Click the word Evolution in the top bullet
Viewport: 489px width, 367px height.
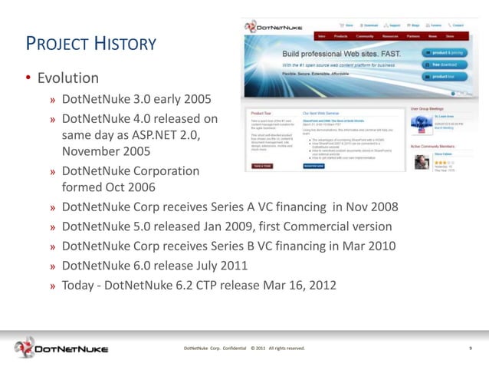point(67,78)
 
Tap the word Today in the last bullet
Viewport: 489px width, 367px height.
point(80,286)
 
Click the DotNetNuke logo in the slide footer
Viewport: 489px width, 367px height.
point(61,348)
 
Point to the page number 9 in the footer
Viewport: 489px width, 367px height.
point(469,349)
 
